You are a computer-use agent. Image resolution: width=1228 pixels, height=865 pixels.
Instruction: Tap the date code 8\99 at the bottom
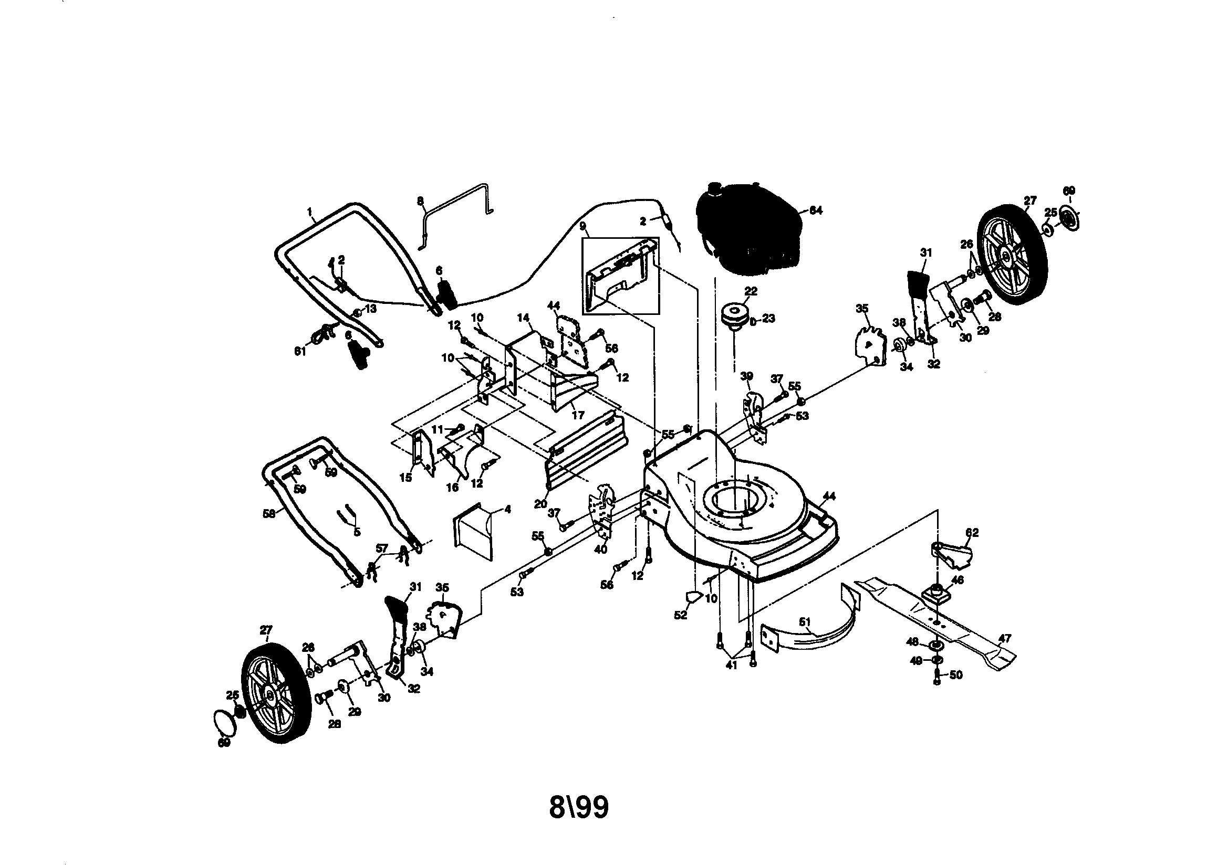tap(579, 807)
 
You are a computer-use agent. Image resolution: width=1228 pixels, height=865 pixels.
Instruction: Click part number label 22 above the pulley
tap(751, 291)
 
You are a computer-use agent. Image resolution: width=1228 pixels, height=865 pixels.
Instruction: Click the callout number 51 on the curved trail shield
tap(805, 622)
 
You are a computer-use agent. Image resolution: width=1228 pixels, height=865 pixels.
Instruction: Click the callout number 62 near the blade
tap(972, 532)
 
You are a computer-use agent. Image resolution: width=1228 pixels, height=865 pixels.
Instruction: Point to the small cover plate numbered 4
tap(473, 529)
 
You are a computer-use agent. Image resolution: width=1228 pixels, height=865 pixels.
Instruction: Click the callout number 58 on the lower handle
tap(269, 513)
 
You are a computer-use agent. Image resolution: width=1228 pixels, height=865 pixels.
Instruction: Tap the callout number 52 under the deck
tap(680, 615)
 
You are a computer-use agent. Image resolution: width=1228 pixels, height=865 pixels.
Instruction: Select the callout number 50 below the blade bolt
tap(955, 675)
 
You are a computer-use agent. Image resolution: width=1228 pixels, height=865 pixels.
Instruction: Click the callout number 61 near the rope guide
tap(300, 352)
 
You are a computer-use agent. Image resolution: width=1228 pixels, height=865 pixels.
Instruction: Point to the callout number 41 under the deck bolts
tap(731, 666)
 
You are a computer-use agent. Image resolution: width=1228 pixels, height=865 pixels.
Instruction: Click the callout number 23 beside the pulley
tap(768, 319)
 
